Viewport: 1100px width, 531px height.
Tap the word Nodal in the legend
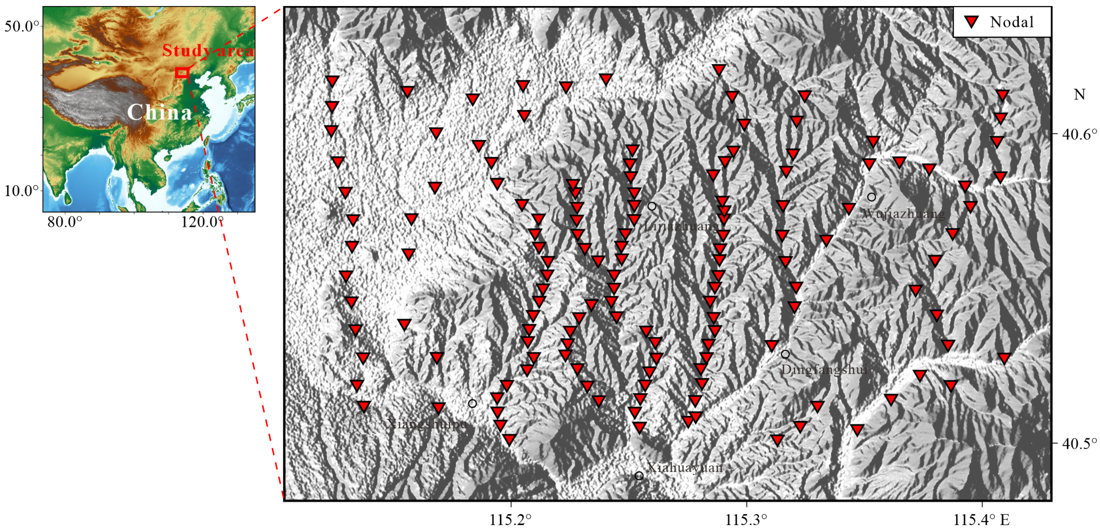click(1012, 22)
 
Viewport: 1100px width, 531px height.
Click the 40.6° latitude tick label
click(1079, 134)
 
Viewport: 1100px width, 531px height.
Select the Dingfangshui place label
click(824, 370)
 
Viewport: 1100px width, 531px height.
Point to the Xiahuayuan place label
click(685, 467)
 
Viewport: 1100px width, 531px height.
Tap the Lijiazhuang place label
click(682, 226)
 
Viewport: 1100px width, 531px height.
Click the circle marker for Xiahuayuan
click(639, 475)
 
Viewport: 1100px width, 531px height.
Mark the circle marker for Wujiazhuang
click(872, 197)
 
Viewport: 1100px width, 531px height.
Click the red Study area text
click(208, 51)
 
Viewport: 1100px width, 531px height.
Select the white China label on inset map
click(160, 112)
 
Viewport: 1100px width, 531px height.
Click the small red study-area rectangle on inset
click(182, 73)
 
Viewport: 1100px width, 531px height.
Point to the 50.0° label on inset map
click(21, 26)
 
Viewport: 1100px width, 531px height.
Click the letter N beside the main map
click(1079, 94)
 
